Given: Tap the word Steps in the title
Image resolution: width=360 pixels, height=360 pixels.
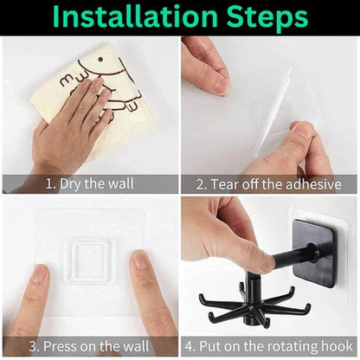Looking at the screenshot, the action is (267, 18).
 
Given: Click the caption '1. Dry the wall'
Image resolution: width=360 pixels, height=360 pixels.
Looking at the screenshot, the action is (90, 184).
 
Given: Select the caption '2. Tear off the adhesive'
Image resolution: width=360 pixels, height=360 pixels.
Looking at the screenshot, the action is (268, 184).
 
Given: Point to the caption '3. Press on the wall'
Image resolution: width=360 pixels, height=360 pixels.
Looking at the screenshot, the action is (89, 346).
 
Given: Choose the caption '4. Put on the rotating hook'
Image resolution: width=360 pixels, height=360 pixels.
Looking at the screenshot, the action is (268, 346).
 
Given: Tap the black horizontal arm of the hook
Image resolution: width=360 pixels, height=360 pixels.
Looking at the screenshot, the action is (292, 254).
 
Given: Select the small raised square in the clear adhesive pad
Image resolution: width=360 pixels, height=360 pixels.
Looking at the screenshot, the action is (90, 260).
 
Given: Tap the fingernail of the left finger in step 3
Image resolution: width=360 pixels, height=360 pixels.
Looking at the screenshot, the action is (40, 273).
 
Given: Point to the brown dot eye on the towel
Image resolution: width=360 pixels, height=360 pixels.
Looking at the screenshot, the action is (100, 60).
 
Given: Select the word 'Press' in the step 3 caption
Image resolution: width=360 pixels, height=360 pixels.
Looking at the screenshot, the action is (61, 346).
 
